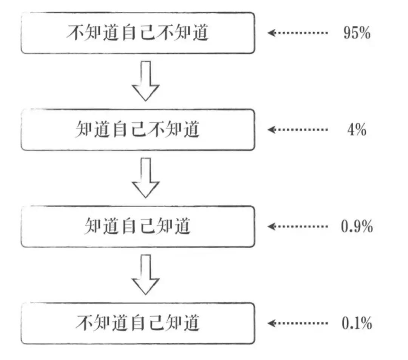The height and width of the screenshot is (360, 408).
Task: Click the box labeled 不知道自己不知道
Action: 138,33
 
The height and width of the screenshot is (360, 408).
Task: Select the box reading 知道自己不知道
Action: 138,130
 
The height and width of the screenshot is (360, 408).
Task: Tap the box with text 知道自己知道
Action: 138,227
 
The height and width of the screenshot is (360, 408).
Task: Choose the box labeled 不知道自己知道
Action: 138,323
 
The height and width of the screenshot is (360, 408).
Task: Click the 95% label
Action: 357,33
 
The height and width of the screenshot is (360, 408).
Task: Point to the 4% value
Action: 357,129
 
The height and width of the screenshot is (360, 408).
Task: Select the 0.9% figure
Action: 357,226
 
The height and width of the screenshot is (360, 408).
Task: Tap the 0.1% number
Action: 357,323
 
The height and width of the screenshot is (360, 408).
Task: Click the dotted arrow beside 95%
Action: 298,33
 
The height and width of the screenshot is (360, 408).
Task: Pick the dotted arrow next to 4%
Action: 298,129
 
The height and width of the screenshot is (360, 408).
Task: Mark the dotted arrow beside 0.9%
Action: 298,227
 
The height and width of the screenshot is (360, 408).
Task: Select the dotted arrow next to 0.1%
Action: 298,323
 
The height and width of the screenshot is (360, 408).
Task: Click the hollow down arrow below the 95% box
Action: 146,81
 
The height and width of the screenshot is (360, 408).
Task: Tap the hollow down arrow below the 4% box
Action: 146,178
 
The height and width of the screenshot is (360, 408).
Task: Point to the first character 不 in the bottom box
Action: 84,323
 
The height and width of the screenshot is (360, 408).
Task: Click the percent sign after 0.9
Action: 367,226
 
